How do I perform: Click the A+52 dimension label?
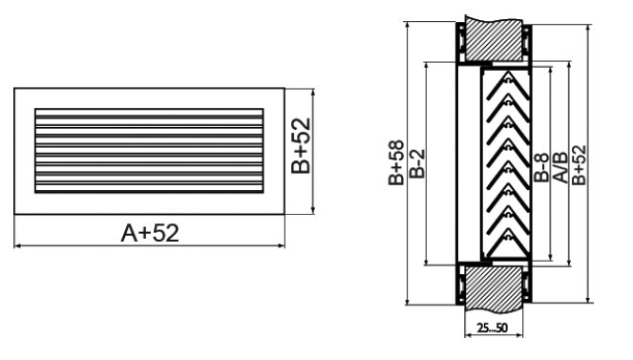pos(150,233)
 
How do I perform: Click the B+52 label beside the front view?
pos(301,145)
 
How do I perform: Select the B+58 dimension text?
pos(396,162)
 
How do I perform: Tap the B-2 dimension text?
pos(417,163)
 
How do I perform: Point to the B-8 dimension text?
pos(541,167)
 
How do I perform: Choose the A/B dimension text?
pos(559,167)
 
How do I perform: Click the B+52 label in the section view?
pos(579,164)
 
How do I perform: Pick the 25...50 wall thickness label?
pos(492,328)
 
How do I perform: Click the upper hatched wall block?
pos(494,40)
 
